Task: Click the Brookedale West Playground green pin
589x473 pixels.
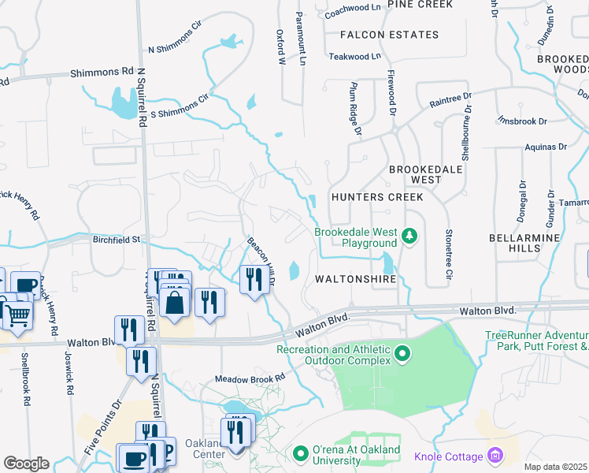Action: (409, 235)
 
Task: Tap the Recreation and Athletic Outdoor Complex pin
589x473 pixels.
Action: (403, 352)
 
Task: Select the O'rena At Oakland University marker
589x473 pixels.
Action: (299, 454)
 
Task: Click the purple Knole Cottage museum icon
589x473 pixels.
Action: (495, 455)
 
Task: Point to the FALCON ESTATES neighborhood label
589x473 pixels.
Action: (389, 35)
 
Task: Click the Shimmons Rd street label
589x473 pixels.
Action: (102, 72)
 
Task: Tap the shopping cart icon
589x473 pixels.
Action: (18, 313)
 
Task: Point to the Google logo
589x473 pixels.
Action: (26, 464)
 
